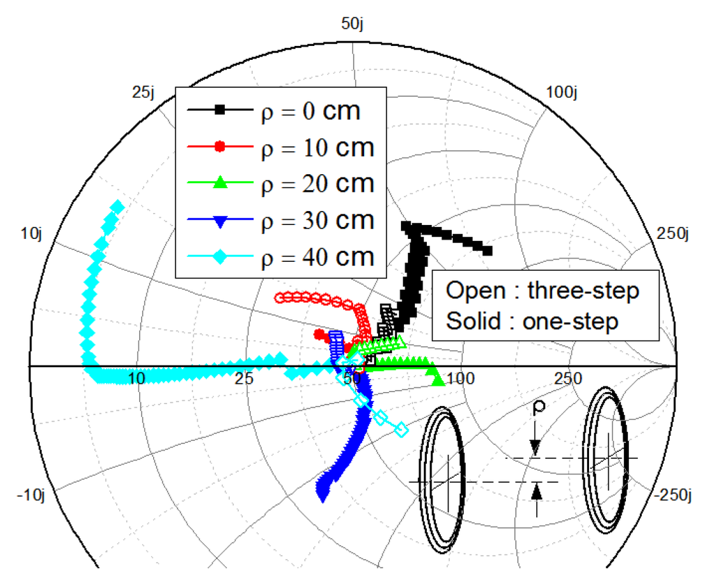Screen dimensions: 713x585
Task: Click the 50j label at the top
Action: click(x=352, y=24)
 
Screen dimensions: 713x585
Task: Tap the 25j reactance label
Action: click(x=143, y=91)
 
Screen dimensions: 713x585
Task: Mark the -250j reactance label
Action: click(x=673, y=495)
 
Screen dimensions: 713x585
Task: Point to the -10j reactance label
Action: click(x=31, y=495)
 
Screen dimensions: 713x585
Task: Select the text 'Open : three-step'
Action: click(x=542, y=290)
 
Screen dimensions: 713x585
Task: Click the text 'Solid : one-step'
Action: click(x=533, y=321)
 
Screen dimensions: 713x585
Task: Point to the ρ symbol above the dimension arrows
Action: click(x=537, y=407)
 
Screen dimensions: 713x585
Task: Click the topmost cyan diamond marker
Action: click(x=118, y=207)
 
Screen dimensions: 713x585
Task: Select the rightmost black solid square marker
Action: click(x=487, y=251)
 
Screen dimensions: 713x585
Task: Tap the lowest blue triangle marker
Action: click(x=322, y=494)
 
